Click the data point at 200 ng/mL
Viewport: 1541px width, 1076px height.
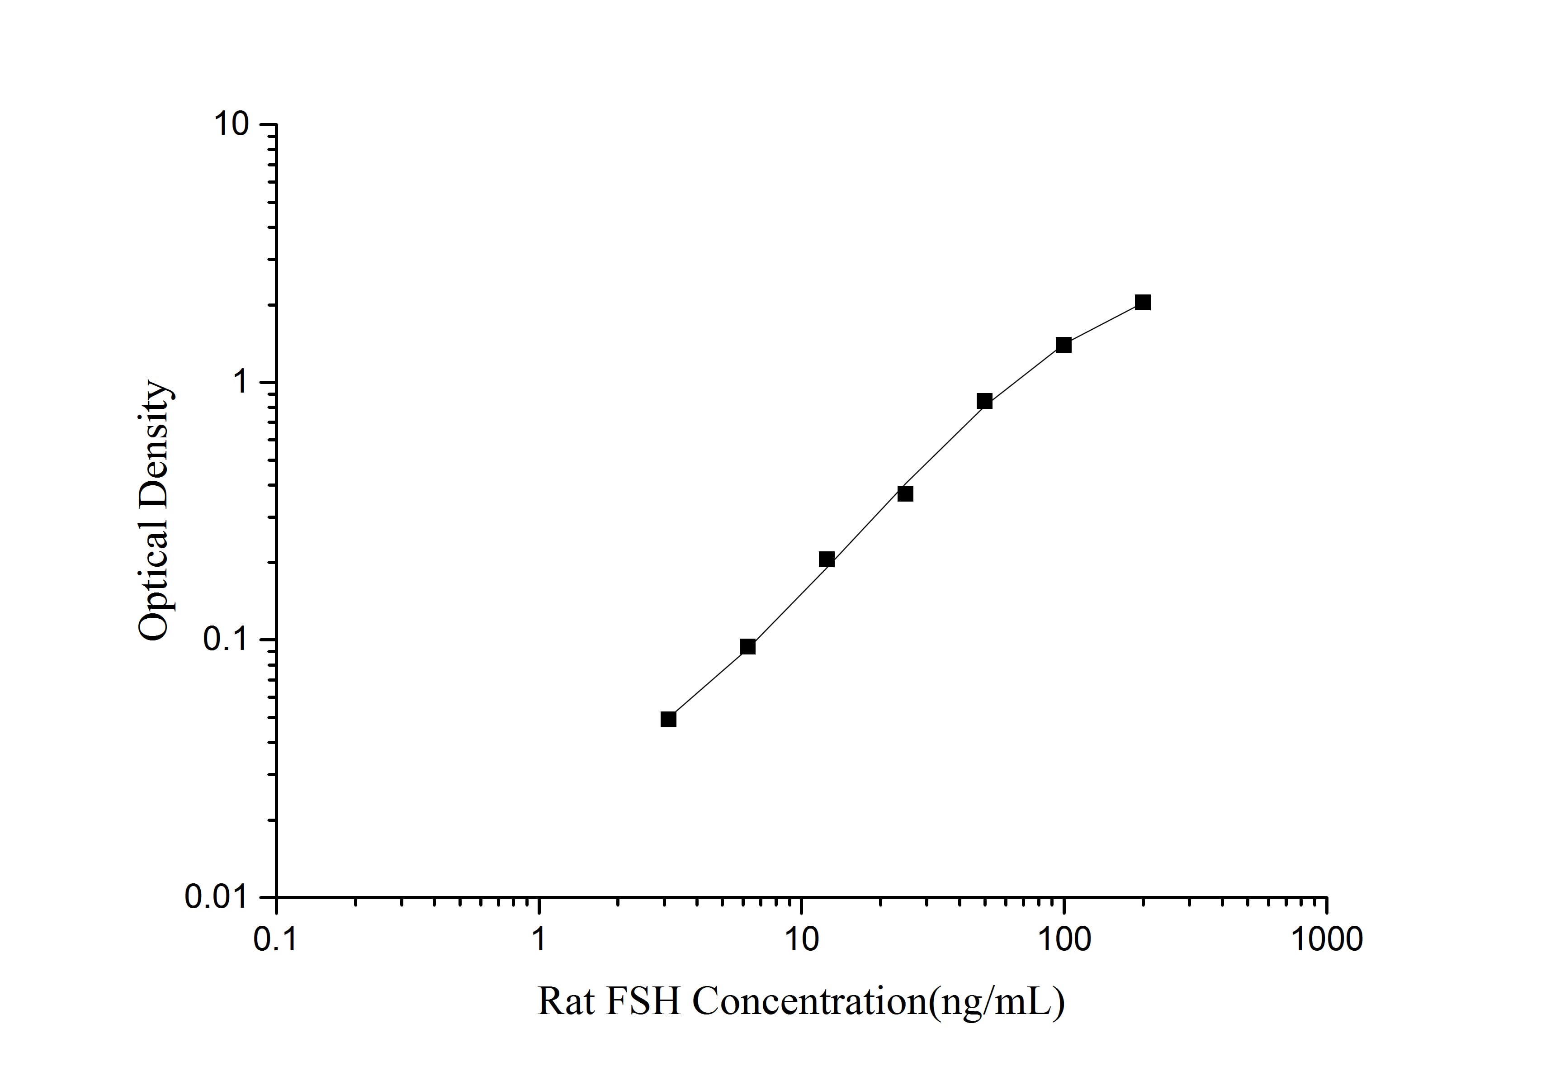tap(1142, 302)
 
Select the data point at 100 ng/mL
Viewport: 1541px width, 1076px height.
tap(1063, 345)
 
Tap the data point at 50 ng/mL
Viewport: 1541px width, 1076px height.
tap(984, 401)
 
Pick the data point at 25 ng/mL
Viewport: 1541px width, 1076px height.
tap(905, 494)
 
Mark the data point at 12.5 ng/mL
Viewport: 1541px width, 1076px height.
tap(826, 559)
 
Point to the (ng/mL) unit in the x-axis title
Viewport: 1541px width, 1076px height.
tap(996, 1002)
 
